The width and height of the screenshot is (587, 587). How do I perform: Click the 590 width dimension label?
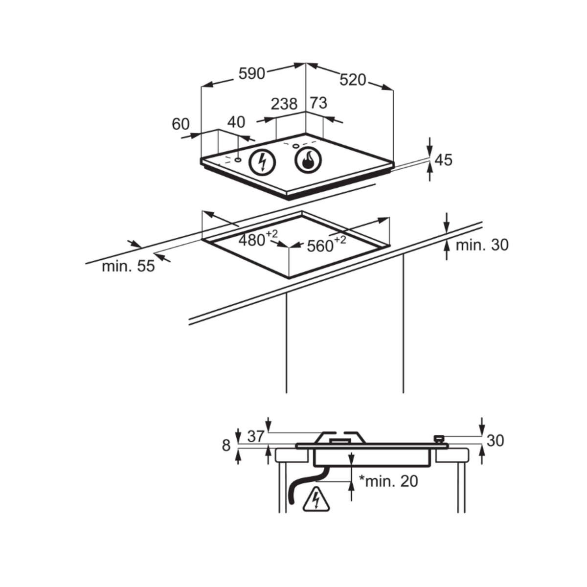click(x=251, y=73)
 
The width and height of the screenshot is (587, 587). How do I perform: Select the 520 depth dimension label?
click(x=353, y=80)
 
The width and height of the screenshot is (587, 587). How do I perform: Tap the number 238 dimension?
click(x=284, y=104)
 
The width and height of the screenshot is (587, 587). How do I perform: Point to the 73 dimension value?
click(x=318, y=103)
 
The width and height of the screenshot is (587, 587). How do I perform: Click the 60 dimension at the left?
click(x=181, y=124)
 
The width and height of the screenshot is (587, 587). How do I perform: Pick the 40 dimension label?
click(x=236, y=122)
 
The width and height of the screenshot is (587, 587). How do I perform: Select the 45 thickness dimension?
click(x=443, y=160)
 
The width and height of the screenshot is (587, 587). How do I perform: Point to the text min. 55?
click(x=128, y=266)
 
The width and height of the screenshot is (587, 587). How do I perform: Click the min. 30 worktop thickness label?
click(x=482, y=245)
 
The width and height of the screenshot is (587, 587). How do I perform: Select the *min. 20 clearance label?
click(x=389, y=481)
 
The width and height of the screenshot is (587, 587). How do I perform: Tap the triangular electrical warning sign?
click(x=317, y=500)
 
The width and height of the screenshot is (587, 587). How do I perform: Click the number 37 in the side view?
click(x=255, y=436)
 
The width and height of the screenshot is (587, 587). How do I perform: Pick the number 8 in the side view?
click(x=226, y=446)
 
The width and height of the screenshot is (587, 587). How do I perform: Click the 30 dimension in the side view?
click(x=495, y=441)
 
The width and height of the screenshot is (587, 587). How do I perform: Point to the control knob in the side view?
click(x=439, y=438)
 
